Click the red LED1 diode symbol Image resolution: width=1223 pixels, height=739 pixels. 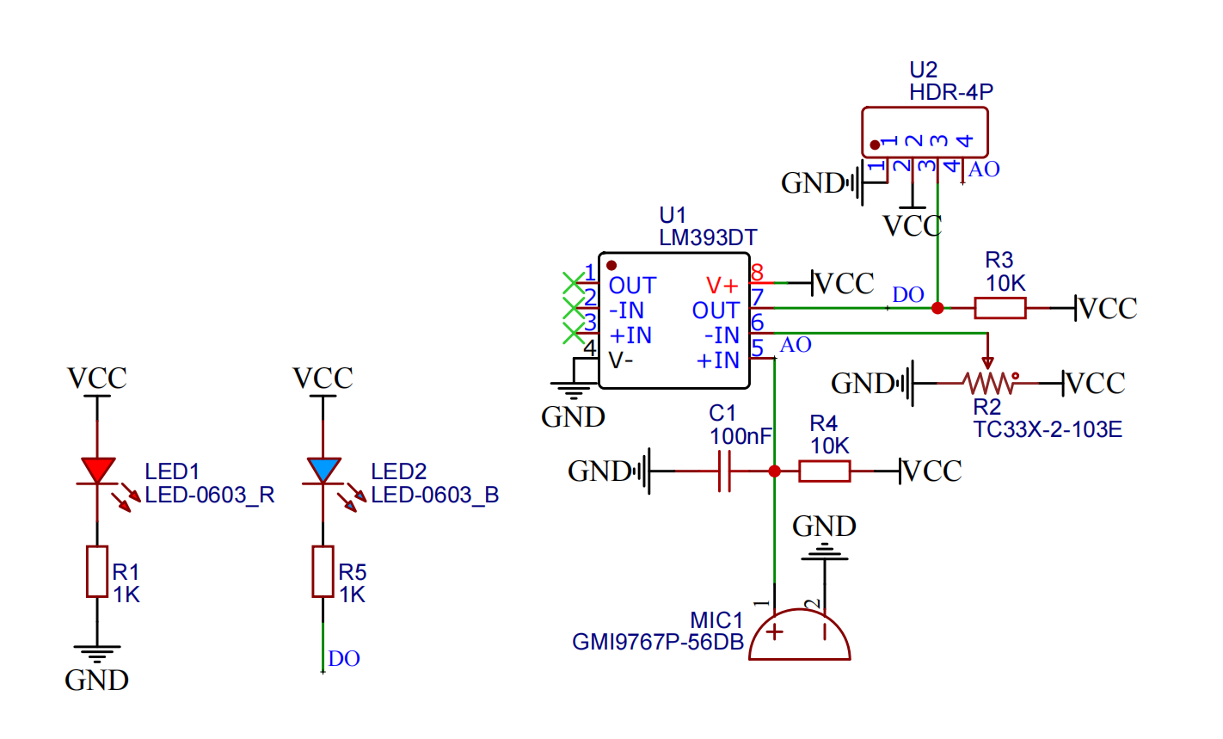point(97,471)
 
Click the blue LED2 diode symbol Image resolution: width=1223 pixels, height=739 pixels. point(323,471)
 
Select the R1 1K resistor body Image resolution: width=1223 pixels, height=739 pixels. point(97,571)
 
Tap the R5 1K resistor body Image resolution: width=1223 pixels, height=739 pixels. point(323,571)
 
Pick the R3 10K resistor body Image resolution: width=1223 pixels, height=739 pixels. point(999,308)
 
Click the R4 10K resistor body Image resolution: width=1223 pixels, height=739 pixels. point(825,471)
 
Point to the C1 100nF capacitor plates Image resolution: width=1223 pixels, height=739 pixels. point(724,471)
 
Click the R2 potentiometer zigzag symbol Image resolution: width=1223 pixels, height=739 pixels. point(987,383)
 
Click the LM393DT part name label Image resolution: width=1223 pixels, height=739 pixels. point(708,237)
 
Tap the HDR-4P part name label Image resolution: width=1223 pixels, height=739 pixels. point(951,92)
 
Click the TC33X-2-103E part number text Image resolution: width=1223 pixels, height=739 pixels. point(1047,429)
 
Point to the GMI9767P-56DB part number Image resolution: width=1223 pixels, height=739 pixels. point(658,642)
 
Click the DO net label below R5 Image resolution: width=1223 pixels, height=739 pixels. point(344,659)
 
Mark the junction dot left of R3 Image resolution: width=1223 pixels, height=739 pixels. point(937,308)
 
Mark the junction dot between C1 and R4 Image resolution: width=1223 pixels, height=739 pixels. point(774,471)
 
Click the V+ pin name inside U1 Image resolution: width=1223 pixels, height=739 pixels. point(722,285)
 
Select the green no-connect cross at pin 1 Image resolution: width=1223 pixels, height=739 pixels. point(573,281)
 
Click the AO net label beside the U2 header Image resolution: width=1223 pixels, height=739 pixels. point(984,169)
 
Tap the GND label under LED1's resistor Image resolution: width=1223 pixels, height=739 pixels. point(97,680)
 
